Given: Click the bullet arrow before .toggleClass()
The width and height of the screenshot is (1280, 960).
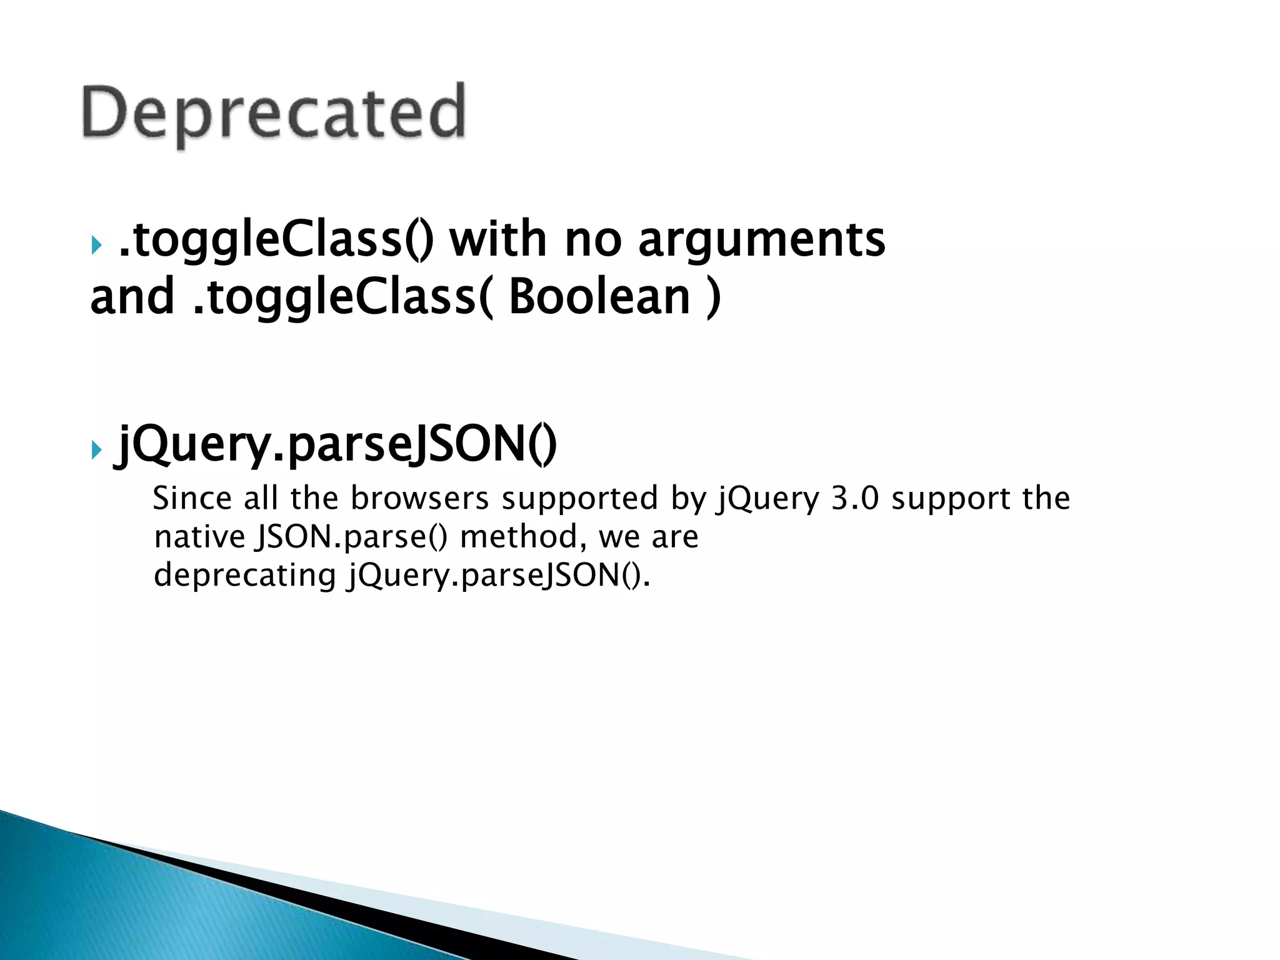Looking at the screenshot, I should point(96,245).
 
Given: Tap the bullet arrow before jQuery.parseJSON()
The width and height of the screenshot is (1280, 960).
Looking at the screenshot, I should point(96,449).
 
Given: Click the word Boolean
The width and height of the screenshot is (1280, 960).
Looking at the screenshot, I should point(599,297).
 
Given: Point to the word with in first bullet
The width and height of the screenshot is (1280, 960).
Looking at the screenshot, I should point(498,239).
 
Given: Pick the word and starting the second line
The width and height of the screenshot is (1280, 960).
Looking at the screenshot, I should point(132,297).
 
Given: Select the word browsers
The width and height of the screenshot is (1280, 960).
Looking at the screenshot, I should point(419,499).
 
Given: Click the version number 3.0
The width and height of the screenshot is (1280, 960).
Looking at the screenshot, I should point(854,499).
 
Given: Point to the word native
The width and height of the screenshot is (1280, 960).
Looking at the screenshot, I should point(199,537).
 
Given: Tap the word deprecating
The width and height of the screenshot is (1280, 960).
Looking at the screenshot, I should point(245,575).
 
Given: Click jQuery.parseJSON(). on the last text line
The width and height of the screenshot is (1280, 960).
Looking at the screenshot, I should point(499,575).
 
